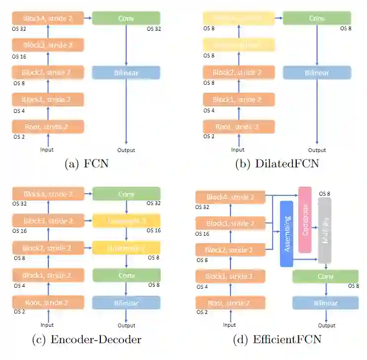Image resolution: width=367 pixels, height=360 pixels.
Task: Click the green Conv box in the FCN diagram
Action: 126,18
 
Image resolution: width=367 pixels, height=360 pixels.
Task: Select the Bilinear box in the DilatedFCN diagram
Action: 317,73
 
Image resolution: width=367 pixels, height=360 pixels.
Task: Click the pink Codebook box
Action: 305,219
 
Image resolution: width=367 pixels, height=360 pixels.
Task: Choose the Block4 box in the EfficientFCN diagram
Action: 230,197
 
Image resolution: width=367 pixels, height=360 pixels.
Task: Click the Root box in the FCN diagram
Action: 48,127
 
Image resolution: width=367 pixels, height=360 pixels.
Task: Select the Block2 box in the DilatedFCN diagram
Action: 237,73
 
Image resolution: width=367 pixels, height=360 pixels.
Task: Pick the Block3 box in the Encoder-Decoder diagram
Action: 48,221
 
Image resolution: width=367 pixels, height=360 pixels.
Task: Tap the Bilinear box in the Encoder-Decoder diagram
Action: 126,303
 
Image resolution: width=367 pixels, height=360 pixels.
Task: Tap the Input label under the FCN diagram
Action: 47,150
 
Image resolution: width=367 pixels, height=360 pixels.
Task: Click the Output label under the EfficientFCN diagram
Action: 327,325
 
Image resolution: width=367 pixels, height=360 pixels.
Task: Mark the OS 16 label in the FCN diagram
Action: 19,57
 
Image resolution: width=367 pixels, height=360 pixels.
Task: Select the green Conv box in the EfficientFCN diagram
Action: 325,276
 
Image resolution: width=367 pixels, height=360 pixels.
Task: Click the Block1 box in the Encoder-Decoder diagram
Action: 48,275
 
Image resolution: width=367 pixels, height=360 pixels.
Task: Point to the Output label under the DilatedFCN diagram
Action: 317,150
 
